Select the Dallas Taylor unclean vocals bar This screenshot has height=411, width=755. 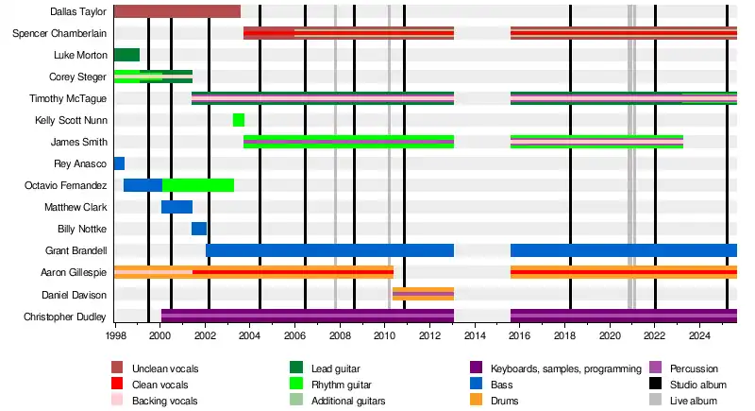[176, 11]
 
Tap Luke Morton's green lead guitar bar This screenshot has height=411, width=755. [126, 55]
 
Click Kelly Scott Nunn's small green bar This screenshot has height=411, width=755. [239, 120]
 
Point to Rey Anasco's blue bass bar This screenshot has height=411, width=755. [119, 163]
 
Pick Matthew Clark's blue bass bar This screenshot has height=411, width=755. [176, 207]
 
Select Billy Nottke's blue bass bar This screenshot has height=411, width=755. [199, 229]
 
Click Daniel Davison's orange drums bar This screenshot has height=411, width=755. [423, 294]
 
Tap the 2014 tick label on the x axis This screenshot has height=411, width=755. [474, 335]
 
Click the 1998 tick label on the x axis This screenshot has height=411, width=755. [116, 335]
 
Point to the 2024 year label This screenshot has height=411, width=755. [699, 335]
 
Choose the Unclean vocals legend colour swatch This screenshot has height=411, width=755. [118, 368]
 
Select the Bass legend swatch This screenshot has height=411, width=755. [476, 385]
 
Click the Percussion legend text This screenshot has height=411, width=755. [694, 368]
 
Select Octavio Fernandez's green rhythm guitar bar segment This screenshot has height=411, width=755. [197, 185]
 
